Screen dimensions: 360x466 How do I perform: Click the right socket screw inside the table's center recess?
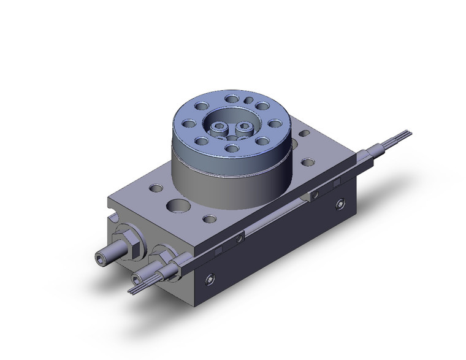coord(245,128)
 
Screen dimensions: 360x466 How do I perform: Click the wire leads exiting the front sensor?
coord(137,283)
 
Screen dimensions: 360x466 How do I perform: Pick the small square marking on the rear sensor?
coord(335,183)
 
